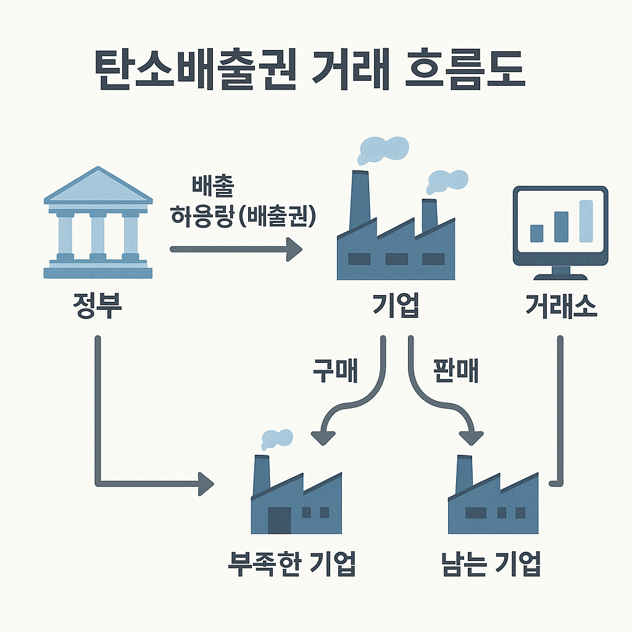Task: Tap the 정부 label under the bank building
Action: (x=97, y=304)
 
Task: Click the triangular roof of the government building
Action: (x=98, y=186)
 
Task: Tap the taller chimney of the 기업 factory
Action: (x=359, y=201)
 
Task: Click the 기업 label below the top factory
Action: (x=395, y=304)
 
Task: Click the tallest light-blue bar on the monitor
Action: (x=585, y=221)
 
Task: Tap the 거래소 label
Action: (x=561, y=304)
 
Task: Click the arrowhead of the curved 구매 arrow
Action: (x=325, y=436)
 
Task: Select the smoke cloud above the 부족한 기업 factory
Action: (x=275, y=438)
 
